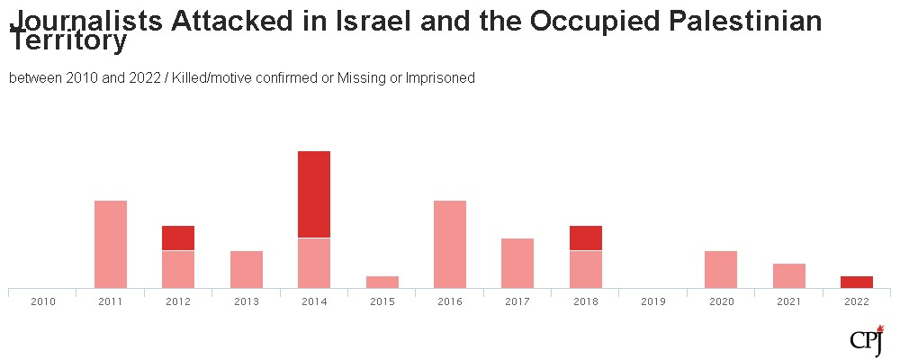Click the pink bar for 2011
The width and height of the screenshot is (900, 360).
[x=111, y=244]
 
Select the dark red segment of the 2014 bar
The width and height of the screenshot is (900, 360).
[x=314, y=194]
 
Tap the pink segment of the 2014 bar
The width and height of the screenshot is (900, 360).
[x=314, y=263]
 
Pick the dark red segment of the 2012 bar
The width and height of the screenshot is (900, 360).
[x=178, y=238]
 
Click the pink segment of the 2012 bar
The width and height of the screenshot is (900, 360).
[x=178, y=269]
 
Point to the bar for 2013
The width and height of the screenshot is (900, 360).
[x=247, y=269]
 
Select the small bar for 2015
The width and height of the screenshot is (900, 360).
[x=382, y=282]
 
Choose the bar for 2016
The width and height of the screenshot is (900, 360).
[x=450, y=244]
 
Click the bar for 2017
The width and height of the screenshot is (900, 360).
[x=517, y=263]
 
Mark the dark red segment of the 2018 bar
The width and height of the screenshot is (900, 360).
[x=586, y=238]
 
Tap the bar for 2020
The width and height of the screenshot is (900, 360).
[x=721, y=269]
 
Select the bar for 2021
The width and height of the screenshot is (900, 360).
[x=789, y=275]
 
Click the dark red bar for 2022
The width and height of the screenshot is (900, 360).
[x=857, y=282]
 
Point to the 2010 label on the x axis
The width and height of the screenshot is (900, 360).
[x=43, y=302]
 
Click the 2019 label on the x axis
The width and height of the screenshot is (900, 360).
[x=653, y=302]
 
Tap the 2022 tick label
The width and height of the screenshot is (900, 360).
[x=857, y=302]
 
